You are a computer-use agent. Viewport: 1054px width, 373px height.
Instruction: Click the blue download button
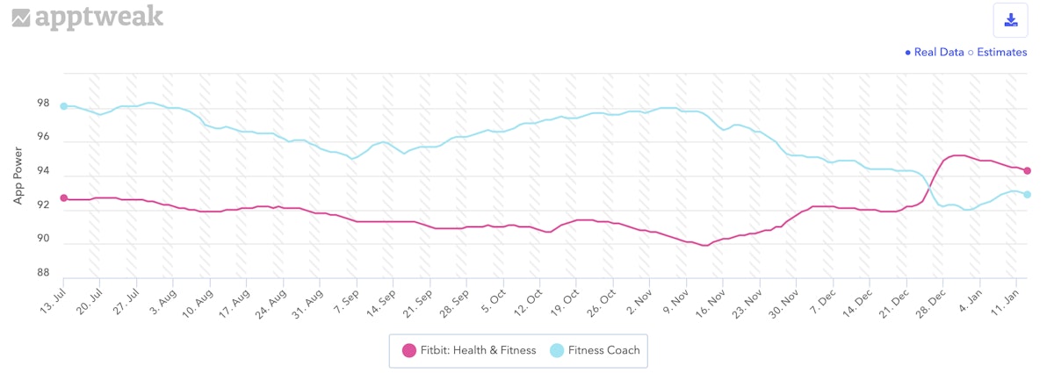tap(1010, 20)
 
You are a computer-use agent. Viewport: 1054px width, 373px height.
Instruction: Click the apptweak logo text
tap(98, 18)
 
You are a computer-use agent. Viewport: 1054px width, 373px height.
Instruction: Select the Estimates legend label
tap(1000, 53)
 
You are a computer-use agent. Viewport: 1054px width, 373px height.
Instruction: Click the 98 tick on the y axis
tap(42, 104)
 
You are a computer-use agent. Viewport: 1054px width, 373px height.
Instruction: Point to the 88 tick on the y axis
tap(42, 273)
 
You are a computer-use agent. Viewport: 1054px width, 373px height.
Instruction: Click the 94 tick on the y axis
tap(42, 171)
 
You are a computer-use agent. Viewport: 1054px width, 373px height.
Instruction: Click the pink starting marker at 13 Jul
tap(63, 198)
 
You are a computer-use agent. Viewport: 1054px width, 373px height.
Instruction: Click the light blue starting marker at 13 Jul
tap(63, 106)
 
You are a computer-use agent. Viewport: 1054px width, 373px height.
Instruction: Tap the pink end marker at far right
tap(1027, 171)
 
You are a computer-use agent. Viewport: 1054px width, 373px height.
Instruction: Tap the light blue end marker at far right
tap(1027, 195)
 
